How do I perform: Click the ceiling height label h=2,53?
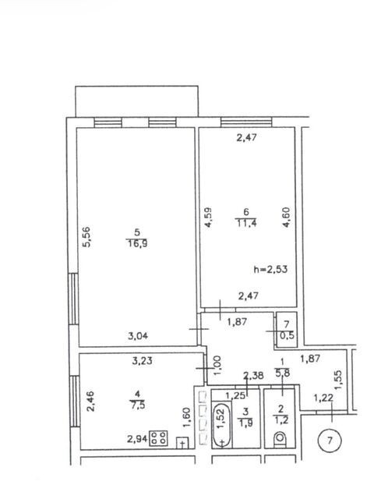[270, 269]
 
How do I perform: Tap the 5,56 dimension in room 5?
[86, 236]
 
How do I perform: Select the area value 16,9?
[137, 244]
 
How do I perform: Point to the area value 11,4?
[246, 223]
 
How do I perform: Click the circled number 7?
[330, 441]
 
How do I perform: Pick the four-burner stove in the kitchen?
[158, 437]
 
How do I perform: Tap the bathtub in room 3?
[221, 424]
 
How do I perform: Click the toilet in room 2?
[280, 438]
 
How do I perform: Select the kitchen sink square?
[182, 442]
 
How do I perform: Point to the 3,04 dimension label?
[138, 336]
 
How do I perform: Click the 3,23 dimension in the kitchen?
[142, 360]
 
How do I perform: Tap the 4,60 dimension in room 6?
[287, 217]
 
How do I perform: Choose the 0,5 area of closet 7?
[287, 335]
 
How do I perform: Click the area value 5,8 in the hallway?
[282, 373]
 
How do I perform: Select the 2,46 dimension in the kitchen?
[90, 402]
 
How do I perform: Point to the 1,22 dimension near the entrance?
[323, 398]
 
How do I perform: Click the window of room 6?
[246, 122]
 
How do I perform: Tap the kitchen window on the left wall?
[75, 402]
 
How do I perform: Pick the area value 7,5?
[137, 405]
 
